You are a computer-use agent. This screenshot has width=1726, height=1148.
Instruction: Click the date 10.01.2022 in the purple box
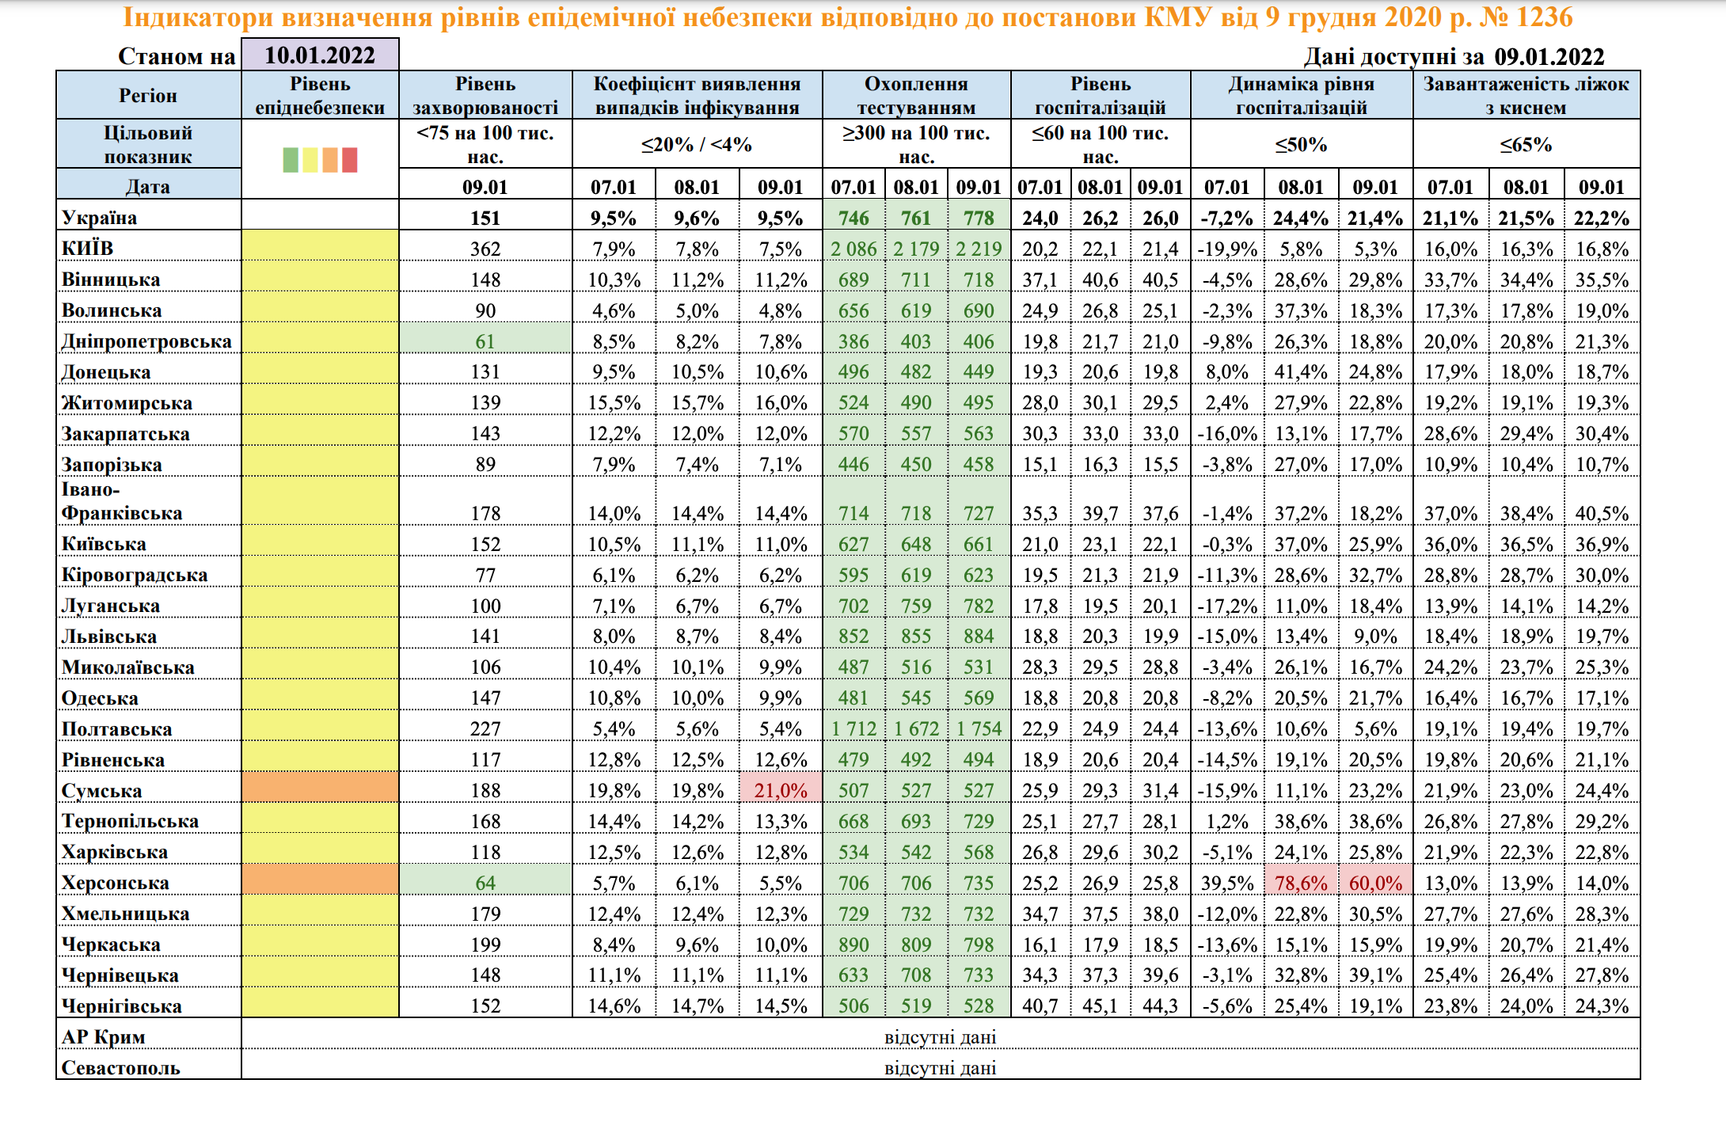[x=320, y=55]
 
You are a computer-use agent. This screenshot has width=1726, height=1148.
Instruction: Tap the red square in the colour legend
[x=349, y=160]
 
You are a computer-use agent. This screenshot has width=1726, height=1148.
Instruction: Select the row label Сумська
[x=101, y=791]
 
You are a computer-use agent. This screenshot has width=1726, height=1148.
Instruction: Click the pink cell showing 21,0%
[x=781, y=790]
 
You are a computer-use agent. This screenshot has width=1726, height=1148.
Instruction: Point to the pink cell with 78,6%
[x=1301, y=883]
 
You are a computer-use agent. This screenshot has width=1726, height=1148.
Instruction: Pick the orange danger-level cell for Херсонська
[x=320, y=880]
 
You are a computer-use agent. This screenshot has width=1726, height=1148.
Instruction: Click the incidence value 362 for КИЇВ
[x=485, y=249]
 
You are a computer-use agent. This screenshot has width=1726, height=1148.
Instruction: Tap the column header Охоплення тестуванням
[x=916, y=96]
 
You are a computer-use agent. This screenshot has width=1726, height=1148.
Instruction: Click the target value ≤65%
[x=1526, y=145]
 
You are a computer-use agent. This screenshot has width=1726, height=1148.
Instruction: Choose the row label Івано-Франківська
[x=122, y=501]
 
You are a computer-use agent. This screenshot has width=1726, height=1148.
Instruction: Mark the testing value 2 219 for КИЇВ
[x=979, y=249]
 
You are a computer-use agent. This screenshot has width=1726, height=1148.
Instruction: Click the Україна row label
[x=99, y=218]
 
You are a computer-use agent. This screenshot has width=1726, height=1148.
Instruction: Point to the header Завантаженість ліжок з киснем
[x=1526, y=96]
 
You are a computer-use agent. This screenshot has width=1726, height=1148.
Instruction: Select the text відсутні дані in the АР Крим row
[x=940, y=1037]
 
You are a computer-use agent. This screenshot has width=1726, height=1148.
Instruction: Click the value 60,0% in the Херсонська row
[x=1375, y=883]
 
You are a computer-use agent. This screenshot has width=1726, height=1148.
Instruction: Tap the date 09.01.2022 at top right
[x=1549, y=57]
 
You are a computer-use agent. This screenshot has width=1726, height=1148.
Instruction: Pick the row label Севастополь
[x=120, y=1068]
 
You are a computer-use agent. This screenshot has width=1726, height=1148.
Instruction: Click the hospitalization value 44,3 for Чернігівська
[x=1160, y=1006]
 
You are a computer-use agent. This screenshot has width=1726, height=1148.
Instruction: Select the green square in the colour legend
[x=291, y=160]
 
